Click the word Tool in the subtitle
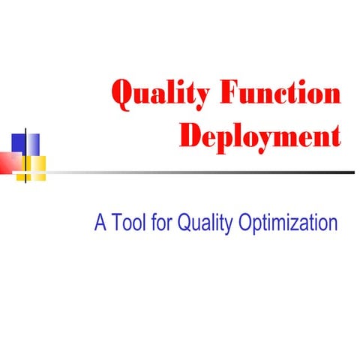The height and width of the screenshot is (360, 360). point(133,223)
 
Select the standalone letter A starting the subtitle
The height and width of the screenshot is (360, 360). point(100,223)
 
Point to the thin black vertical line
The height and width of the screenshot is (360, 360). point(27,154)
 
